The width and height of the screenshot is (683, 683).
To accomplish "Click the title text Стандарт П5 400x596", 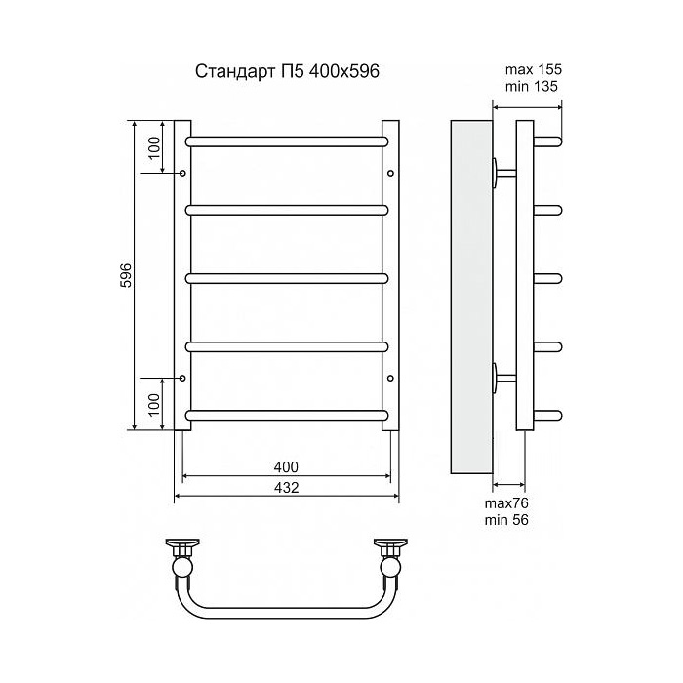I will click(x=288, y=71).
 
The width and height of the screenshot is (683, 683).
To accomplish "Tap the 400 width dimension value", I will click(x=287, y=465).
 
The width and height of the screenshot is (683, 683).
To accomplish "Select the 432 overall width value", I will click(x=287, y=487).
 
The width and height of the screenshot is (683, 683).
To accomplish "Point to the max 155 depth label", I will click(x=534, y=69).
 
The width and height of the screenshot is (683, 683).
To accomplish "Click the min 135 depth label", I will click(x=534, y=86).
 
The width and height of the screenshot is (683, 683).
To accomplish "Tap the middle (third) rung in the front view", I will click(x=287, y=277).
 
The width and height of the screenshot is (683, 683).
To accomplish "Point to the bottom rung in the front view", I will click(x=287, y=415).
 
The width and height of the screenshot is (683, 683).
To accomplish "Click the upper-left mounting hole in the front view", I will click(x=182, y=173).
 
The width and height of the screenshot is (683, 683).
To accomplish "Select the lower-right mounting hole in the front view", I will click(x=390, y=378).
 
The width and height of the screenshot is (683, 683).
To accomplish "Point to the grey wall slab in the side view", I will click(x=470, y=293).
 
